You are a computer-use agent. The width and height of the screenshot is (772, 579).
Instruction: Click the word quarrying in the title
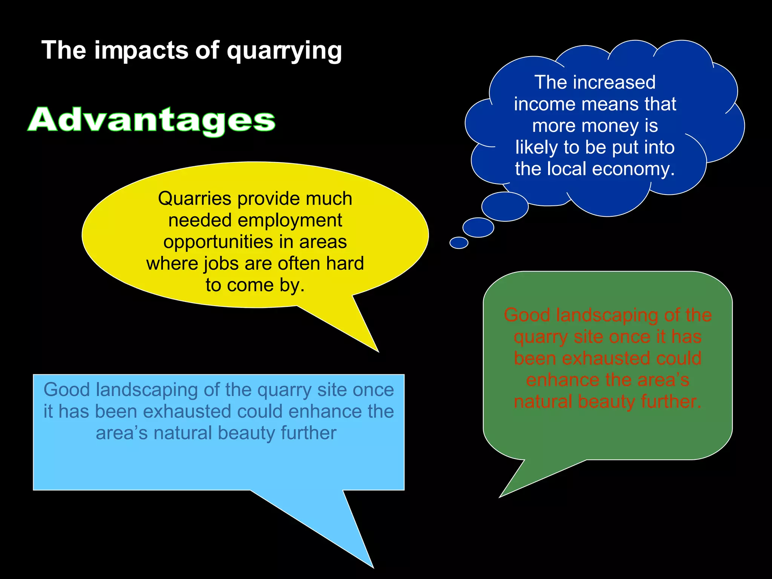(284, 51)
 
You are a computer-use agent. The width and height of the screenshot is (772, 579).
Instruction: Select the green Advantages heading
(152, 120)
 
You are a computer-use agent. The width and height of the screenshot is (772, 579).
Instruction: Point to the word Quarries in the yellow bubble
(195, 199)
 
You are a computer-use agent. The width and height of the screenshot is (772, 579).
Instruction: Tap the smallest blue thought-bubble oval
(459, 243)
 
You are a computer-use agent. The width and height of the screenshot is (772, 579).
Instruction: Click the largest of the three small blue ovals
(505, 207)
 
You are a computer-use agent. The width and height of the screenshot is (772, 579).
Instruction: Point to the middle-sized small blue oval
(478, 228)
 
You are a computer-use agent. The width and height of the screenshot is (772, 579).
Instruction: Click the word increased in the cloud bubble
(614, 83)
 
